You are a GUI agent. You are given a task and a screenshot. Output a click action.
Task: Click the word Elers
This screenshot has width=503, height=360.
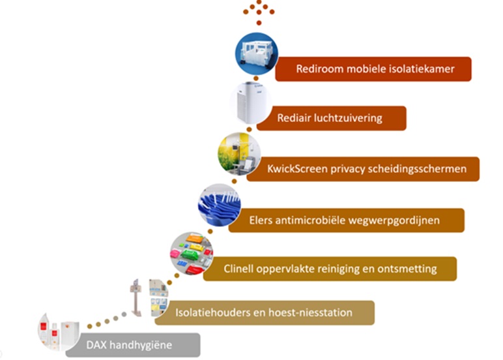pyautogui.click(x=262, y=220)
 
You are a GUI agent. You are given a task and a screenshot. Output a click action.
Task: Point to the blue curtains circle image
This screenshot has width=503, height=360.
pyautogui.click(x=219, y=205)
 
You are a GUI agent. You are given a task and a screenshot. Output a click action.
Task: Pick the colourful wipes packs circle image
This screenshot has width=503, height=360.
pyautogui.click(x=192, y=252)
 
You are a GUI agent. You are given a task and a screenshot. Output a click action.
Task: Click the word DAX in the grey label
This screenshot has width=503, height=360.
pyautogui.click(x=97, y=344)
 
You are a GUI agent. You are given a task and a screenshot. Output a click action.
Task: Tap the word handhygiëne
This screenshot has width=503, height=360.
pyautogui.click(x=141, y=344)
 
